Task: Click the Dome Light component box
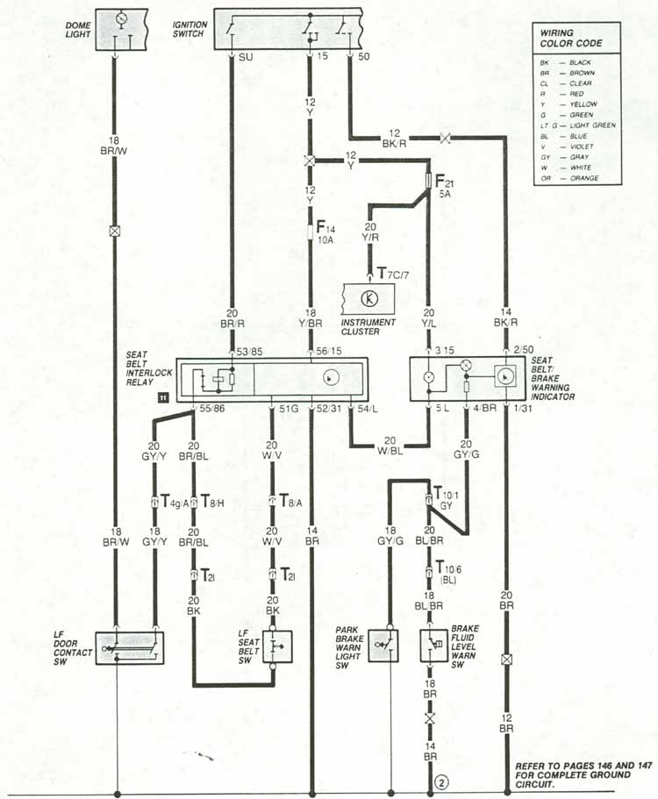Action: coord(121,28)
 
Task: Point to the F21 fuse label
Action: coord(443,187)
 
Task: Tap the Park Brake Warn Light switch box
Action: coord(383,646)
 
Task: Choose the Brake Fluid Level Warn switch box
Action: coord(434,646)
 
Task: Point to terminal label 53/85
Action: coord(250,352)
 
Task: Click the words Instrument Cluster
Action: coord(369,327)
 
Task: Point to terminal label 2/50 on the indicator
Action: coord(525,352)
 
